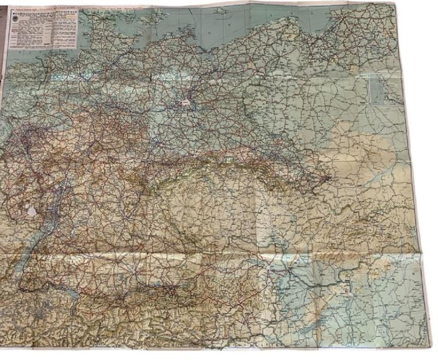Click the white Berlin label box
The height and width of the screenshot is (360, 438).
point(186,102)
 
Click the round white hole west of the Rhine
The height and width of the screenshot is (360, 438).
point(32,210)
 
